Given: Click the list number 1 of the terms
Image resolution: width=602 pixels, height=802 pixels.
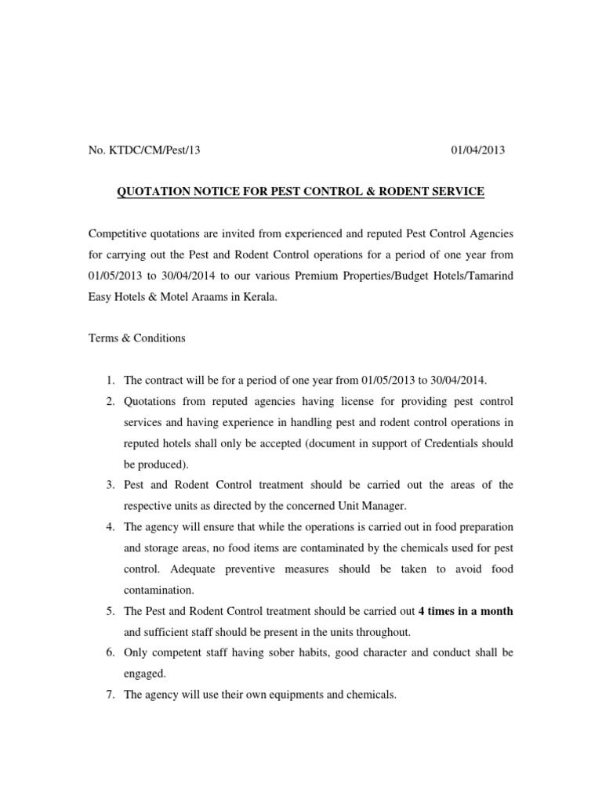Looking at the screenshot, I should coord(110,381).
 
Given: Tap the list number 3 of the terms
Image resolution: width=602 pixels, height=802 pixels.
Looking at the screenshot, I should coord(110,486).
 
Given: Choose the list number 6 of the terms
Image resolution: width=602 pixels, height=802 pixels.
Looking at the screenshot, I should coord(110,652).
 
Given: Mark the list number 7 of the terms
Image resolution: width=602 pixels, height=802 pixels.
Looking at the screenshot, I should coord(110,694).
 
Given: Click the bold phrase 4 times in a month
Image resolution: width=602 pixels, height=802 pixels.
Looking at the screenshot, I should coord(466,611).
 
